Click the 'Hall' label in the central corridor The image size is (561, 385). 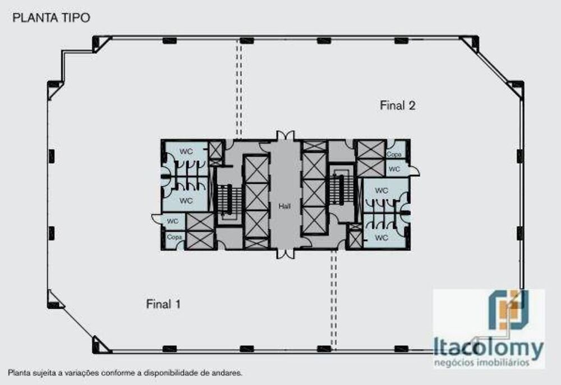284,206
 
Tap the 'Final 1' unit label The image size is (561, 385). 163,304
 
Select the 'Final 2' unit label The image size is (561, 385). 397,105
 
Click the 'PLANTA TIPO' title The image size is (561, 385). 51,17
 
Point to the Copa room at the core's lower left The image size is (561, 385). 174,238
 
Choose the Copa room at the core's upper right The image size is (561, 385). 394,154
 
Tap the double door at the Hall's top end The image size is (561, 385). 284,136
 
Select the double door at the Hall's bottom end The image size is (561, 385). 284,254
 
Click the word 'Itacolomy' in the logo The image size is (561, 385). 489,349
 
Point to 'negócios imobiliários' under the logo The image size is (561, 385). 489,363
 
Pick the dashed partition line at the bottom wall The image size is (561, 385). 333,300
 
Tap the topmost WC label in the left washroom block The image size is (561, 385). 186,152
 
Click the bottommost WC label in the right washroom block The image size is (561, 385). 381,238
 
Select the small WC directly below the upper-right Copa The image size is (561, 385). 394,169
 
